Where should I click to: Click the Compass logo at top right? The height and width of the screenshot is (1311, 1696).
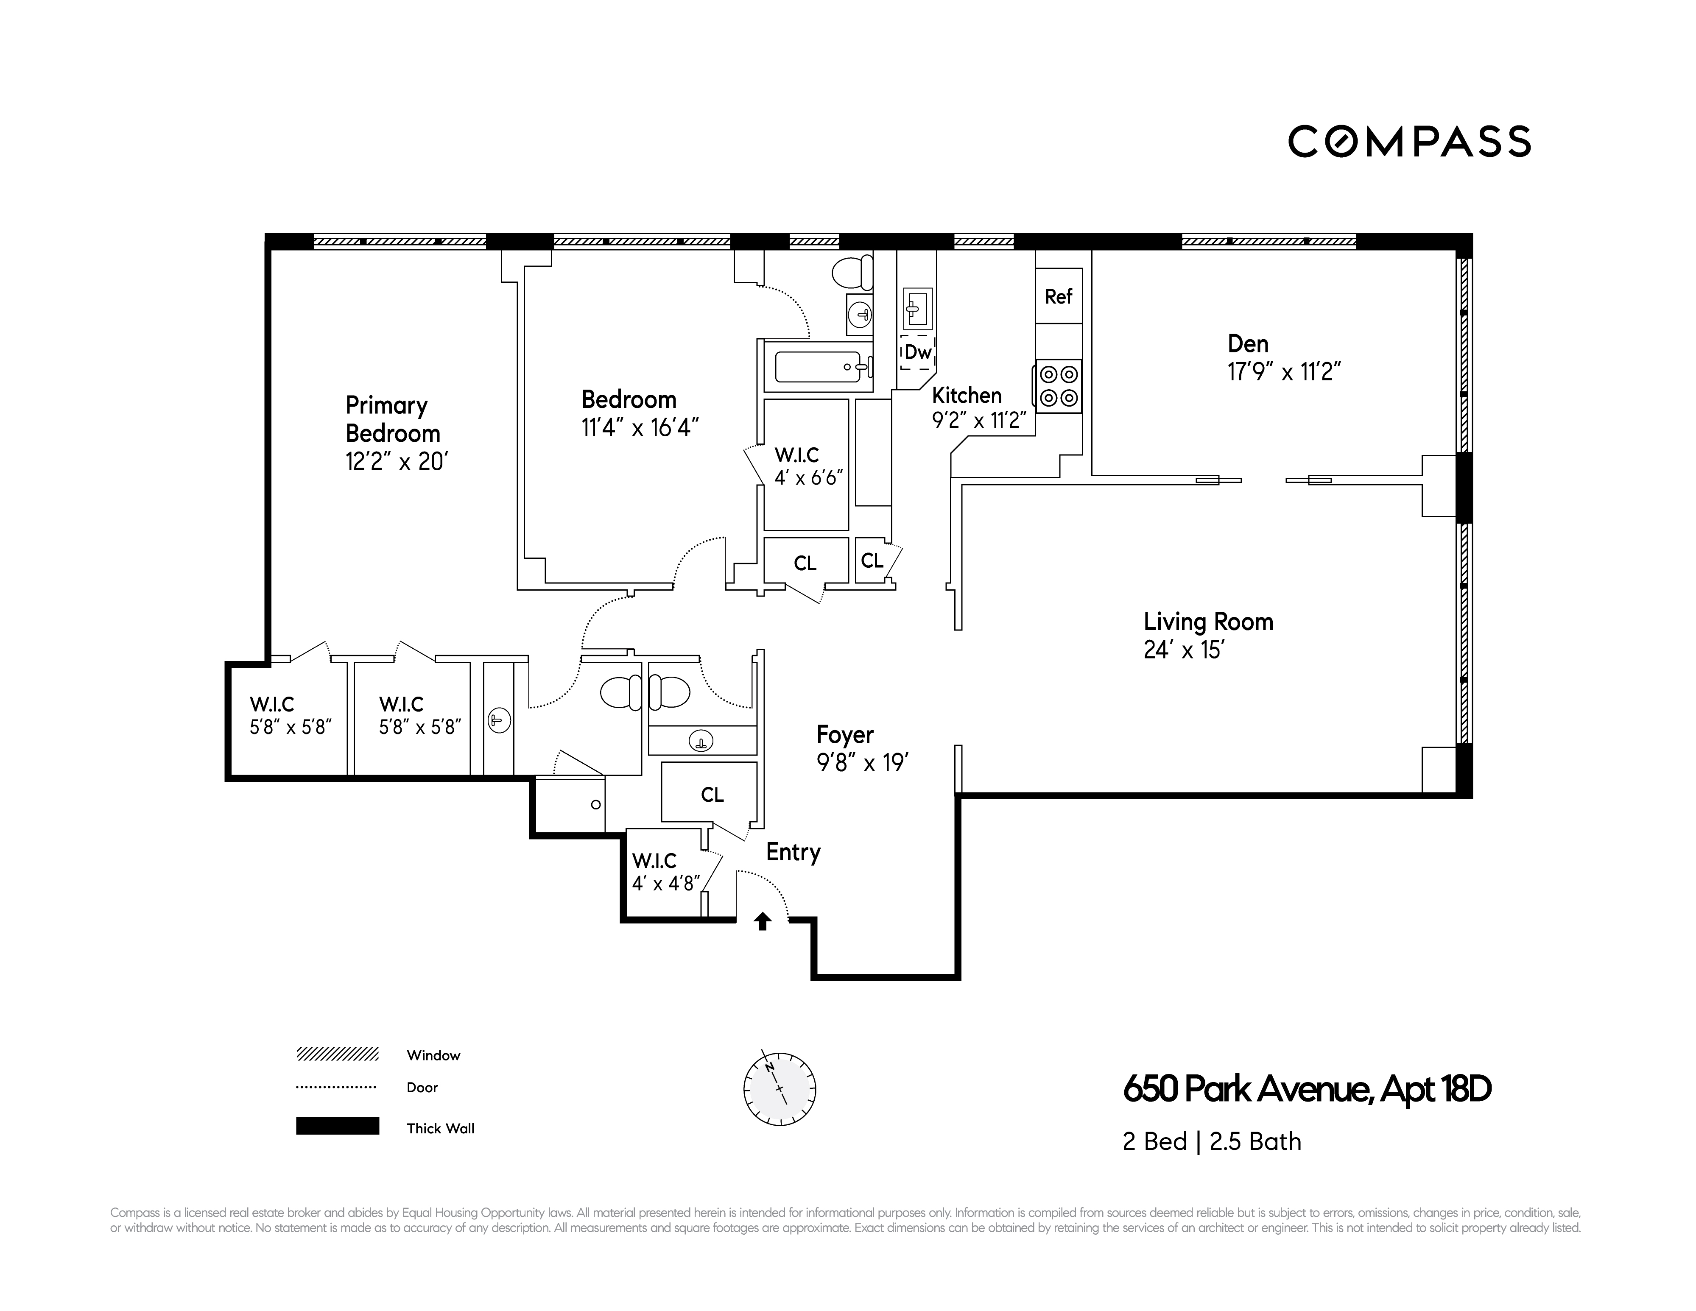pos(1409,141)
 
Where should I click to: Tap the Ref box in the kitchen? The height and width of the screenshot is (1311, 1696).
pos(1059,296)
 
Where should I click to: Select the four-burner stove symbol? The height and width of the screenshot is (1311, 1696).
pos(1059,386)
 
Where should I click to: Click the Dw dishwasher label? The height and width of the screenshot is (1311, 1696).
pos(917,351)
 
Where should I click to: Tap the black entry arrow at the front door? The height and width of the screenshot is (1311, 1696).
pos(763,921)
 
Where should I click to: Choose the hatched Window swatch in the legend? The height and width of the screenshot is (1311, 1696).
pos(337,1054)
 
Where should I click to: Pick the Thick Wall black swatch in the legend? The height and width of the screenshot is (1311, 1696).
pos(337,1126)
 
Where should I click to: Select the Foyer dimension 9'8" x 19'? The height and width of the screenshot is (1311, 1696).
pos(862,763)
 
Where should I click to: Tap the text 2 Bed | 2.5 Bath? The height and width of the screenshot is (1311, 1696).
pos(1211,1142)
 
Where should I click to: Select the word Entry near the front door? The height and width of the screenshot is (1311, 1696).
pos(793,852)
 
